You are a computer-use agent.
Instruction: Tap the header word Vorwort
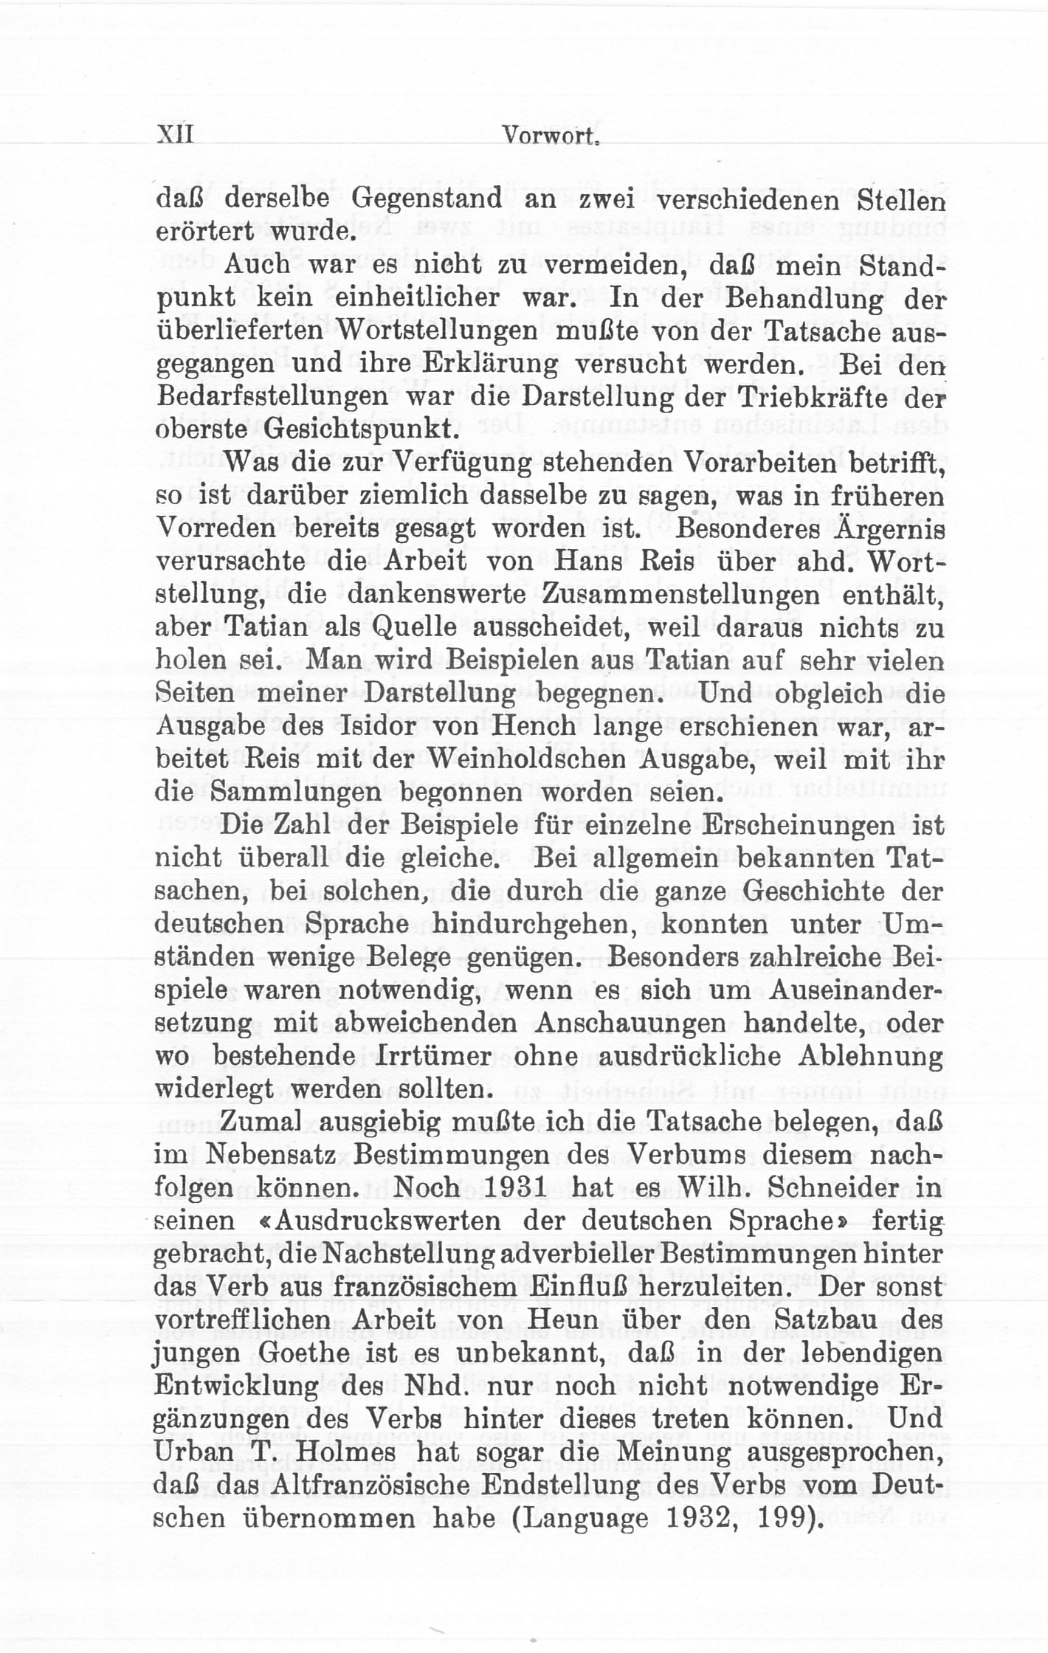(x=549, y=137)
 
